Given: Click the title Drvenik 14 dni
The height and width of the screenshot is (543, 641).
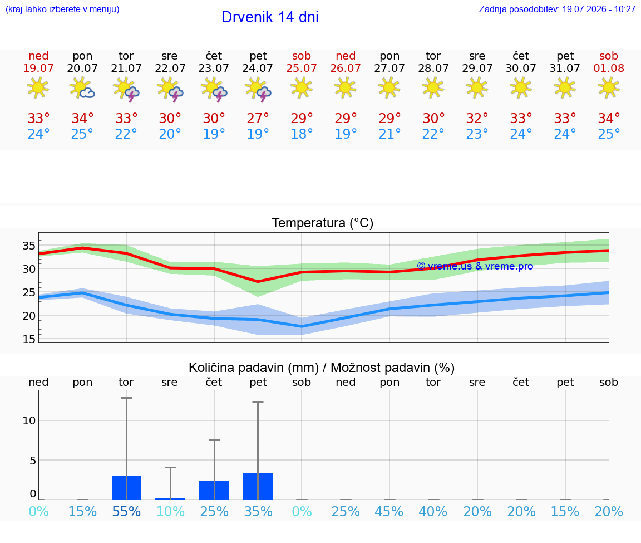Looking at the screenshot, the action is pyautogui.click(x=270, y=17).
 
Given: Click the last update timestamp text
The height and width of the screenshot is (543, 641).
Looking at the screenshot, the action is pyautogui.click(x=557, y=9).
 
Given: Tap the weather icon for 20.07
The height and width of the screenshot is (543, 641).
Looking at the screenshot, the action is pyautogui.click(x=82, y=87).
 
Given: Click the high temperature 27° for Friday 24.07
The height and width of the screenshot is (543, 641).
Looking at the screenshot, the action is pyautogui.click(x=258, y=118).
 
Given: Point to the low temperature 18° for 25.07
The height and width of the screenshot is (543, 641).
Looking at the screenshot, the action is pyautogui.click(x=302, y=134).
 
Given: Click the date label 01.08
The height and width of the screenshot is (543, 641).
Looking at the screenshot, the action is pyautogui.click(x=609, y=68).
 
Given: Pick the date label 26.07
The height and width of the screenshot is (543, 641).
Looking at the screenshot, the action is pyautogui.click(x=346, y=68).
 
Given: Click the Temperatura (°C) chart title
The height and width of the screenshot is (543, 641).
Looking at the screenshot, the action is pyautogui.click(x=323, y=223).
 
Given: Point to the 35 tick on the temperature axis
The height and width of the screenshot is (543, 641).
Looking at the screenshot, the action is pyautogui.click(x=29, y=246).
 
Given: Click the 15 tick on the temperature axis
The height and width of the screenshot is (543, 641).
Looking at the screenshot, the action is pyautogui.click(x=29, y=339).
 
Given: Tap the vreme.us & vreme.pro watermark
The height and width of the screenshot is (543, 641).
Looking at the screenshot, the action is pyautogui.click(x=475, y=266).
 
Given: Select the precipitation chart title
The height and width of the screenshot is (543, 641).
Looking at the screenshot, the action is pyautogui.click(x=322, y=368).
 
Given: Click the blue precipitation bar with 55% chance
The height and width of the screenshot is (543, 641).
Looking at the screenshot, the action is pyautogui.click(x=126, y=487).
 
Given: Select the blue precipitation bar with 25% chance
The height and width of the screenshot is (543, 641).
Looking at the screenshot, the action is pyautogui.click(x=214, y=490).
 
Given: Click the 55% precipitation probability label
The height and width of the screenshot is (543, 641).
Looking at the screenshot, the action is pyautogui.click(x=126, y=511).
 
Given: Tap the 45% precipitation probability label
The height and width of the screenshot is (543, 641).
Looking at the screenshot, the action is pyautogui.click(x=389, y=511).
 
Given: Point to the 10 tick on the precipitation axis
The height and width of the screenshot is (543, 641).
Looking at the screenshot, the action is pyautogui.click(x=29, y=420).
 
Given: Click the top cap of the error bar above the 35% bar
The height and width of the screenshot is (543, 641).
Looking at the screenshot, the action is pyautogui.click(x=258, y=402).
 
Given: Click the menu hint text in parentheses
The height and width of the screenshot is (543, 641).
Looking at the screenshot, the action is pyautogui.click(x=62, y=9).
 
